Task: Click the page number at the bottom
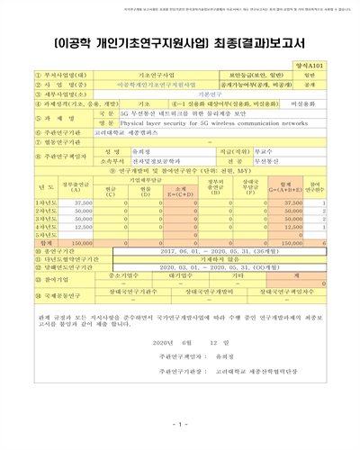point(180,423)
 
